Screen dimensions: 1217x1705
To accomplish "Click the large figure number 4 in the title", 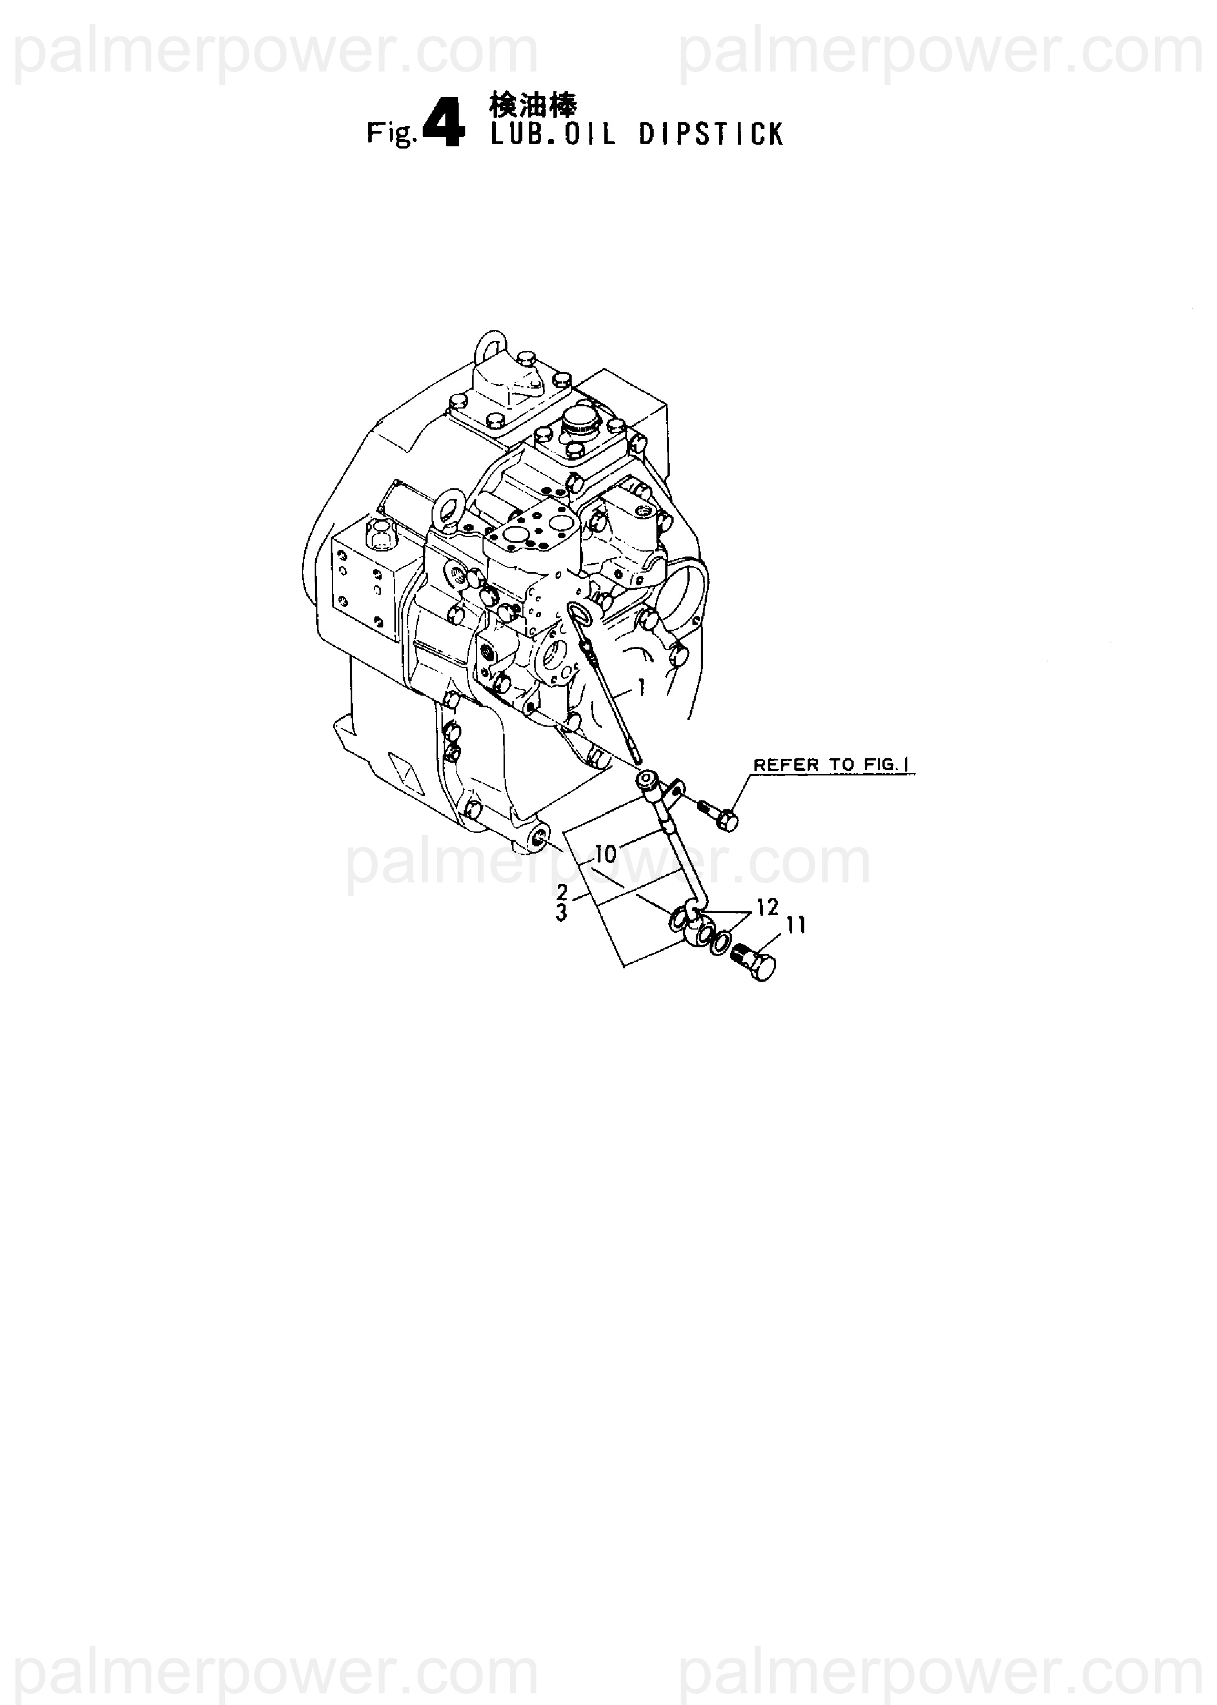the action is click(444, 125).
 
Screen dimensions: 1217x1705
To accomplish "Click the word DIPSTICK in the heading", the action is click(711, 135).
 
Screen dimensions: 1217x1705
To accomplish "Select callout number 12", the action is click(767, 907).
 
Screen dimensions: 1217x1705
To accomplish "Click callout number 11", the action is click(796, 926).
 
